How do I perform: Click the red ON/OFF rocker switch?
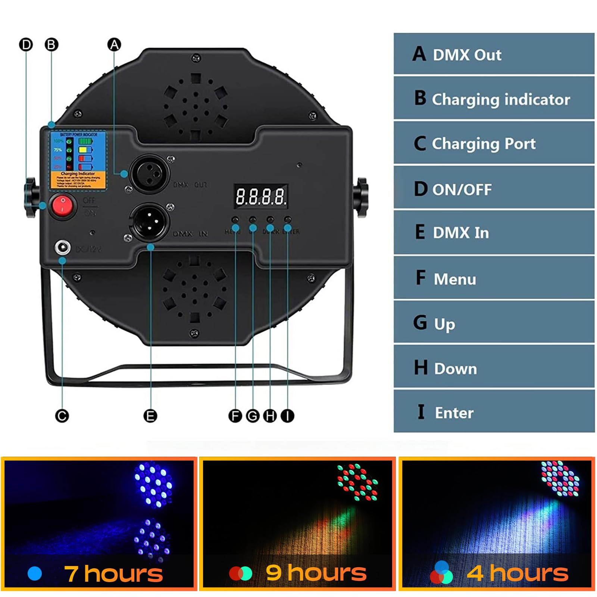tap(62, 206)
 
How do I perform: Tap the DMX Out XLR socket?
tap(149, 174)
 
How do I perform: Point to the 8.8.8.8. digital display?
tap(261, 196)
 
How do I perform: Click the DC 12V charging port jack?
tap(62, 247)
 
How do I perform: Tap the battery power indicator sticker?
tap(78, 160)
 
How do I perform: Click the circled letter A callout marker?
tap(114, 44)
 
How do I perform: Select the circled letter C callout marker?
tap(62, 416)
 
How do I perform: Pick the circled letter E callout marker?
tap(150, 416)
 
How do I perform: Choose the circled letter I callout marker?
tap(287, 416)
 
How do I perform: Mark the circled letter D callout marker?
tap(26, 45)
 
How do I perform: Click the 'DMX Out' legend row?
tap(494, 54)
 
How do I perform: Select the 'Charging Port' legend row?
tap(494, 143)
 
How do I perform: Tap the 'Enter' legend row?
tap(494, 412)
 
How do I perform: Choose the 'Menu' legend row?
tap(494, 278)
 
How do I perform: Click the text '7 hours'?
tap(113, 573)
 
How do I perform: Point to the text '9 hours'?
tap(316, 573)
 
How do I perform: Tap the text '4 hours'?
tap(518, 573)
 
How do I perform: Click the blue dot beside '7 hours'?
tap(35, 573)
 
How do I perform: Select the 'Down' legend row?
tap(494, 368)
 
